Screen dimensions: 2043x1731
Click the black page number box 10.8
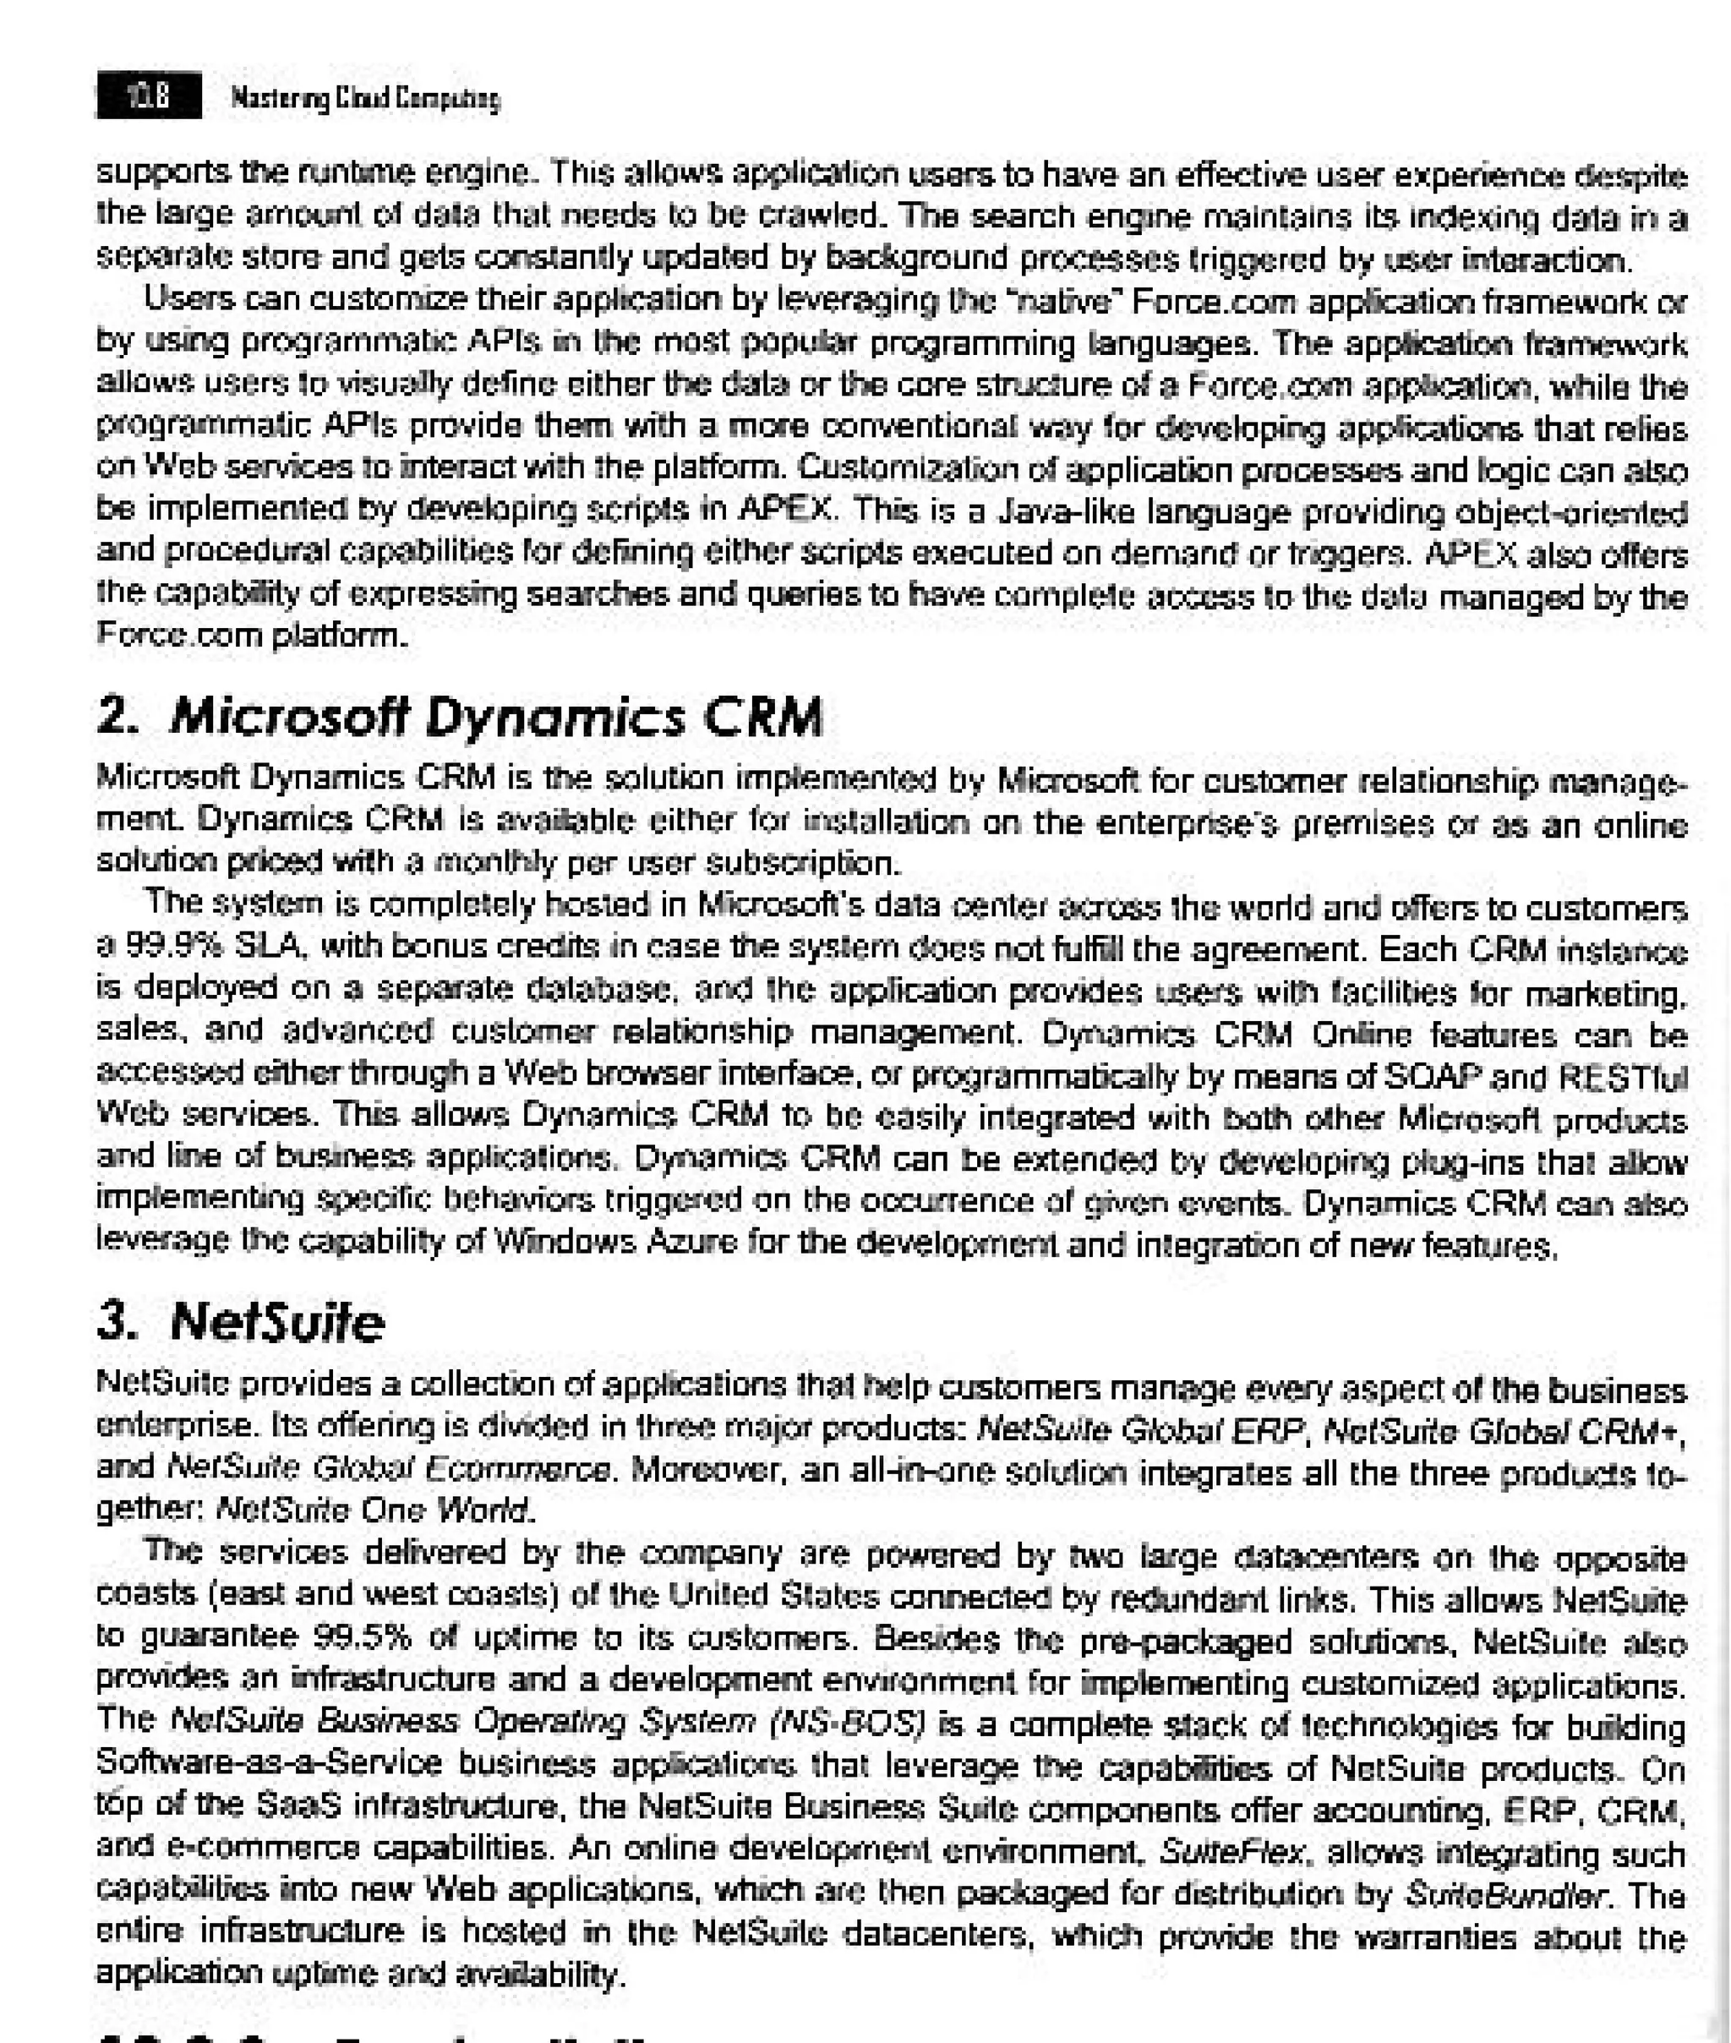point(148,96)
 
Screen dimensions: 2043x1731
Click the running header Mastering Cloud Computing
point(365,98)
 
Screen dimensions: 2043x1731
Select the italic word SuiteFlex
point(1232,1852)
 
